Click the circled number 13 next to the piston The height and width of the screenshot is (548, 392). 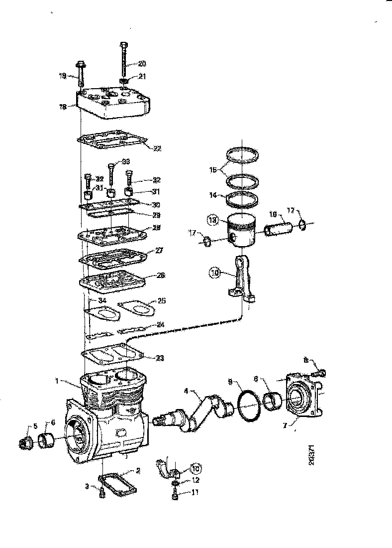pyautogui.click(x=213, y=220)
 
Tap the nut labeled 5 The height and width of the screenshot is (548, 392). pyautogui.click(x=24, y=441)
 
